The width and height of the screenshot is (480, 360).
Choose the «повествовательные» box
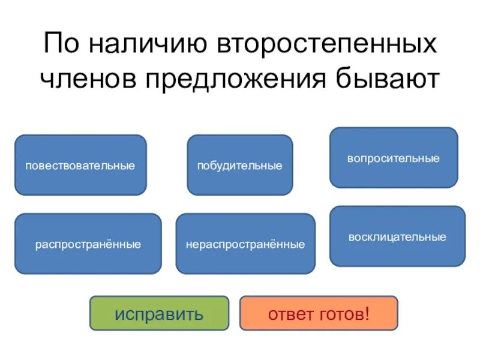(x=80, y=165)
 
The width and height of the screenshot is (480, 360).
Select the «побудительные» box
(x=240, y=165)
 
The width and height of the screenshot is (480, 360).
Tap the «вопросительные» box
(x=394, y=158)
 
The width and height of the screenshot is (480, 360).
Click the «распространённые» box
(x=88, y=244)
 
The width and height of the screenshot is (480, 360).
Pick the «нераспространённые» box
(x=245, y=244)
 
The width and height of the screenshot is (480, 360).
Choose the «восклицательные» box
(x=397, y=236)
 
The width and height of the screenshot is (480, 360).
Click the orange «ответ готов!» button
(x=319, y=313)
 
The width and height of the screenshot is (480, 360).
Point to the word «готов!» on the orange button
(x=344, y=314)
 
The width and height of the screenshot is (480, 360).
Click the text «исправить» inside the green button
(x=159, y=314)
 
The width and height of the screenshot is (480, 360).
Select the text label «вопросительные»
(x=394, y=158)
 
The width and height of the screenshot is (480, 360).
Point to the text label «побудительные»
(x=240, y=166)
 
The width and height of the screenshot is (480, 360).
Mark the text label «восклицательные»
(x=397, y=237)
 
